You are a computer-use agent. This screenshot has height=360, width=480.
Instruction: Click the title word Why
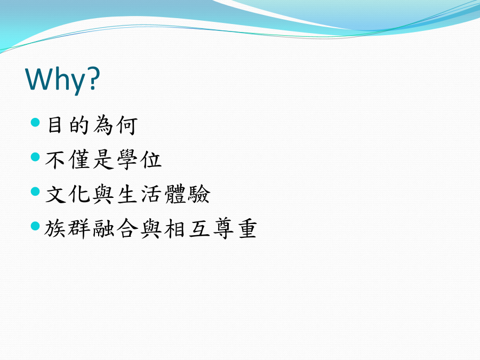(55, 79)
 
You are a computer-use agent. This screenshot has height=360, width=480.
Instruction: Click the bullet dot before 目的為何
(36, 123)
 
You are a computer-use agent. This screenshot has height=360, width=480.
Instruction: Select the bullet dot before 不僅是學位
(36, 157)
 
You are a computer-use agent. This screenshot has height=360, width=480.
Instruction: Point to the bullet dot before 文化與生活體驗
(36, 191)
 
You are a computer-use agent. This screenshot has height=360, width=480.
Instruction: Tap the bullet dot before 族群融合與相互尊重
(36, 226)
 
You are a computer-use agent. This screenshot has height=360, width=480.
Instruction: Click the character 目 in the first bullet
(55, 125)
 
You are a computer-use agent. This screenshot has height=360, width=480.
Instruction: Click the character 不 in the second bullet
(55, 159)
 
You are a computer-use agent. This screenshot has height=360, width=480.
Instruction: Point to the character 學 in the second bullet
(127, 159)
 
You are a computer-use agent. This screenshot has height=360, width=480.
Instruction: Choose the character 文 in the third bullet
(55, 194)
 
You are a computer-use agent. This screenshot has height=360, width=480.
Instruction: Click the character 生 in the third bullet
(127, 194)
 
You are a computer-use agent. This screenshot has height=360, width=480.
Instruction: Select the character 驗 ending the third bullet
(199, 194)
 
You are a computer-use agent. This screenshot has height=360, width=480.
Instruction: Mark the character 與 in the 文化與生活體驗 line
(103, 194)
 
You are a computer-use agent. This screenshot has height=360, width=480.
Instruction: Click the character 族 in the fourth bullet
(55, 229)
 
